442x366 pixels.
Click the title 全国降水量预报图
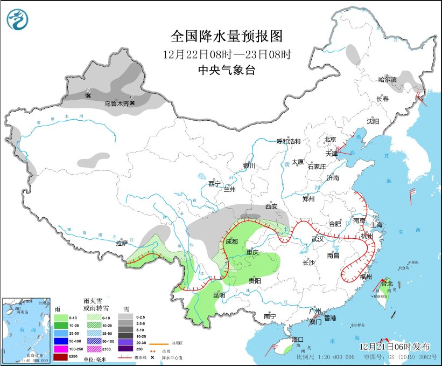[x=226, y=36]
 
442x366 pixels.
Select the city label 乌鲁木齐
[x=117, y=103]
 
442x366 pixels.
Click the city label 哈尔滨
[x=387, y=80]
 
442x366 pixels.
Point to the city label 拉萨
[x=122, y=243]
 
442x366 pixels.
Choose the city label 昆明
[x=218, y=295]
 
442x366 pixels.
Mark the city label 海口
[x=299, y=340]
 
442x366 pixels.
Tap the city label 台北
[x=387, y=284]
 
